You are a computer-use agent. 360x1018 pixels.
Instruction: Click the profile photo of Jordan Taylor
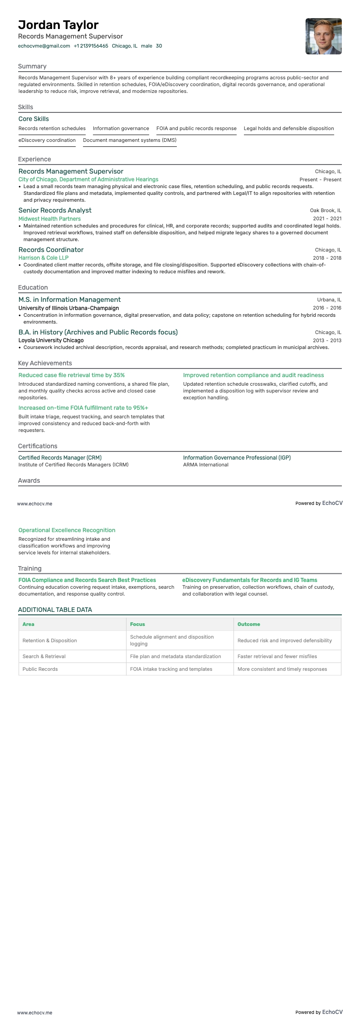(x=323, y=36)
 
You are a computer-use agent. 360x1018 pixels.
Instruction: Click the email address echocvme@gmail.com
(x=44, y=46)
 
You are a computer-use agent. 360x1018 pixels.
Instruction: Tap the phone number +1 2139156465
(x=91, y=46)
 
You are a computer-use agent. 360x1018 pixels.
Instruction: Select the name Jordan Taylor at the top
(x=58, y=25)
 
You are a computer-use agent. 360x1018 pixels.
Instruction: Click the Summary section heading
(x=32, y=66)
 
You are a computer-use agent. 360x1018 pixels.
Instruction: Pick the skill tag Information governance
(x=121, y=128)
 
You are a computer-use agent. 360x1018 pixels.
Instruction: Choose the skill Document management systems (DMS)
(x=130, y=140)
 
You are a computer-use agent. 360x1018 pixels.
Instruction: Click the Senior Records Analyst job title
(x=55, y=210)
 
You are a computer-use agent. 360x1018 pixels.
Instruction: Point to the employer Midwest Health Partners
(x=49, y=219)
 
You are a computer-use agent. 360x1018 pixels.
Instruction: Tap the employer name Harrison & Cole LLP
(x=44, y=258)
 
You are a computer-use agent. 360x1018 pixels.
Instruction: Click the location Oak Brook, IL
(x=326, y=210)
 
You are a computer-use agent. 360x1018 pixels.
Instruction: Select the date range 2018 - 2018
(x=327, y=258)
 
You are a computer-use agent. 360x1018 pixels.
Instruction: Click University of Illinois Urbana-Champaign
(x=68, y=308)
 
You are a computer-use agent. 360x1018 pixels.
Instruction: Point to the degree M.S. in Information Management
(x=69, y=300)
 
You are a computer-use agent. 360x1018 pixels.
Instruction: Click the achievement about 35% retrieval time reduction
(x=72, y=375)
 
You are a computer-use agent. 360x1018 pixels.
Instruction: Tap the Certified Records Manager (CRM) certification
(x=60, y=458)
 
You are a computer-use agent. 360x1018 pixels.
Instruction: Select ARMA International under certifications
(x=205, y=465)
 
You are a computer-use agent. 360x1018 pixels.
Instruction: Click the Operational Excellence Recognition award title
(x=67, y=530)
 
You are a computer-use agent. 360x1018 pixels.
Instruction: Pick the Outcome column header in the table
(x=248, y=624)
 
